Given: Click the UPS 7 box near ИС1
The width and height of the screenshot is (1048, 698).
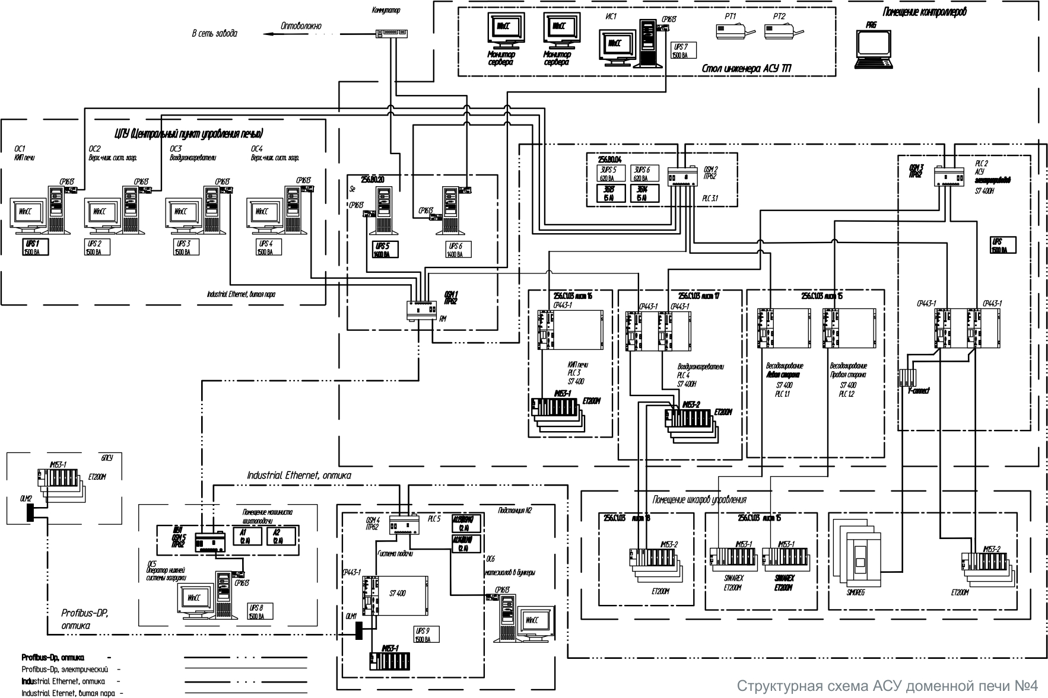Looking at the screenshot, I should [x=683, y=50].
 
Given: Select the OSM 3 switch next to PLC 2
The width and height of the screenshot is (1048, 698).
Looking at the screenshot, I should [x=950, y=176].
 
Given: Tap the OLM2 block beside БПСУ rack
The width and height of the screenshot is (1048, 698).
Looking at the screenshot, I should [x=28, y=514].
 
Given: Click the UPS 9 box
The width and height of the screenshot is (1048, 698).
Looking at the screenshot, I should [x=425, y=635].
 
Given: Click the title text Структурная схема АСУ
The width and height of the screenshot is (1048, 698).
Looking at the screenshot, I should [x=887, y=686].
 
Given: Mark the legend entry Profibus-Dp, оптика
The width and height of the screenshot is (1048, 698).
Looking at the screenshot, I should [x=53, y=658].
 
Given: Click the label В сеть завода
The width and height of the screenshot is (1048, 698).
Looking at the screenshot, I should [x=214, y=34].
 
